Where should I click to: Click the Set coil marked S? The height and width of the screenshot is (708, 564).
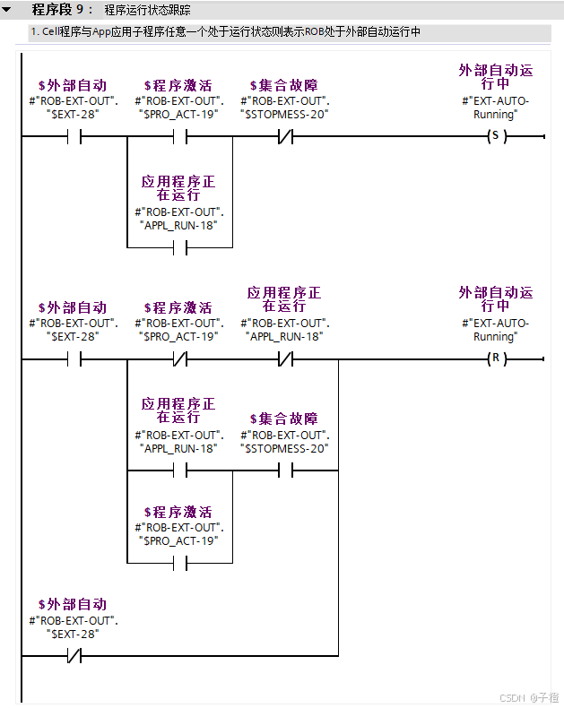493,137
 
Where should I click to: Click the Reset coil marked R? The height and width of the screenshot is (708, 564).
493,359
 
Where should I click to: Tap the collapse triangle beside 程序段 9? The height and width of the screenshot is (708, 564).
7,11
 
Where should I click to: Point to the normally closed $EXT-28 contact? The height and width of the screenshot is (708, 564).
74,656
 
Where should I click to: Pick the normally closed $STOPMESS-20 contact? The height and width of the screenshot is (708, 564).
286,137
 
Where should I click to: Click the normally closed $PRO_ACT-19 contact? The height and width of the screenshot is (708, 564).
179,359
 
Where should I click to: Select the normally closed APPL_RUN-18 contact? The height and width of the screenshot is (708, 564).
286,359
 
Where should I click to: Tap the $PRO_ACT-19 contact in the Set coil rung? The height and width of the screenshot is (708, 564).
179,137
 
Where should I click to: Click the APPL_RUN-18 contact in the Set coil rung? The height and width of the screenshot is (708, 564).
179,247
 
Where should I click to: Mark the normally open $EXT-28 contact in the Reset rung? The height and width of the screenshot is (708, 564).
74,359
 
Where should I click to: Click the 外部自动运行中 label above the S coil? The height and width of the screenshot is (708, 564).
496,76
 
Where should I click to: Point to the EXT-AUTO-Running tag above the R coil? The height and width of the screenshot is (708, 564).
496,330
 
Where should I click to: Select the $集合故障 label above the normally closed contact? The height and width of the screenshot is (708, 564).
284,86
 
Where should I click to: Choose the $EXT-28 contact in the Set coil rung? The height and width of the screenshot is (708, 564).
74,137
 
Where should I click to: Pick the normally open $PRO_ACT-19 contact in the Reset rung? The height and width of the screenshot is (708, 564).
179,563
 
